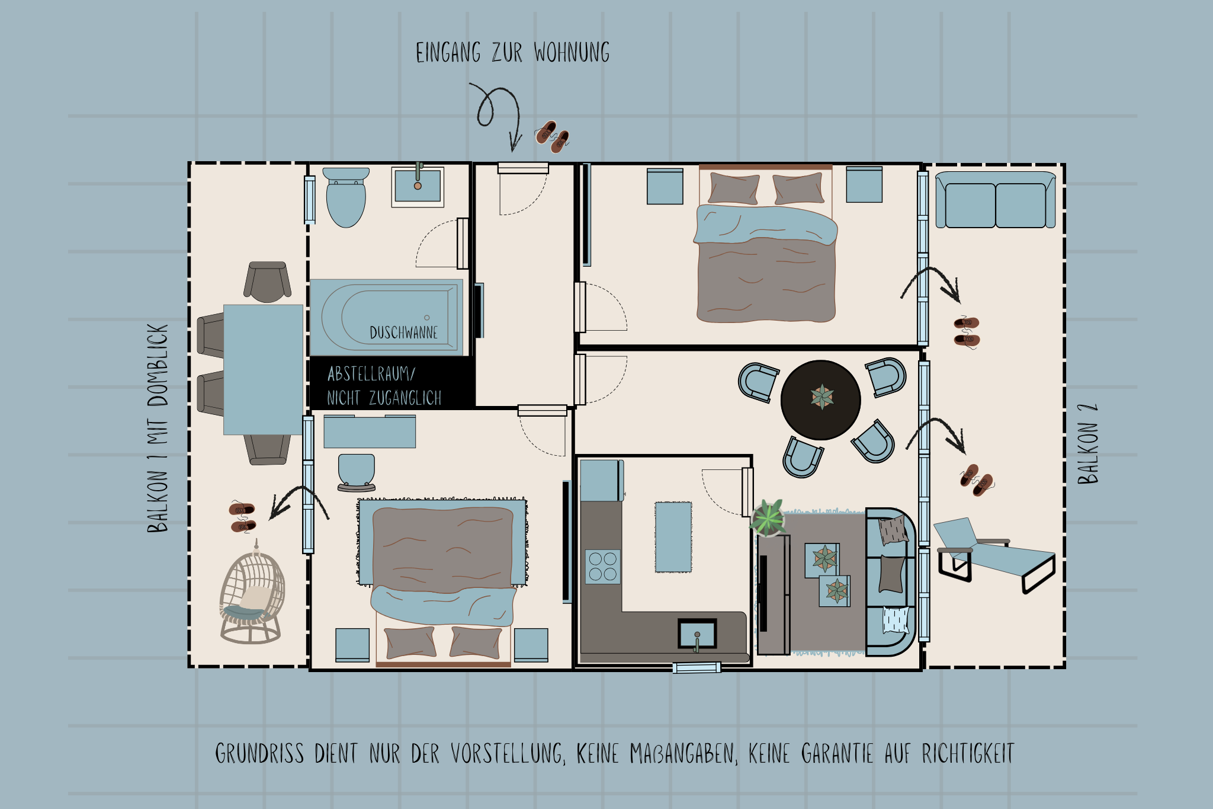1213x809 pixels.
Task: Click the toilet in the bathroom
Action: tap(346, 199)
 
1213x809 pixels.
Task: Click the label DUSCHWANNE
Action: tap(403, 332)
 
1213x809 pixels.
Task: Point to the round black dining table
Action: tap(820, 399)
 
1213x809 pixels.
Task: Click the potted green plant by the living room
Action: tap(768, 517)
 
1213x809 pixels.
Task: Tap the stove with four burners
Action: tap(603, 567)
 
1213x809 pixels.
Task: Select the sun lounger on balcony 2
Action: tap(995, 554)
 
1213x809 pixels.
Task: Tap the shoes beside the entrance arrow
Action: tap(553, 137)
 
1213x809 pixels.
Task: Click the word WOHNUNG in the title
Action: tap(572, 53)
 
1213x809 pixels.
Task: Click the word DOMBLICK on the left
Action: tap(158, 364)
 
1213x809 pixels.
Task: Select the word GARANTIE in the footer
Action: tap(837, 754)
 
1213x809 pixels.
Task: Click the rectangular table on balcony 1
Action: tap(263, 369)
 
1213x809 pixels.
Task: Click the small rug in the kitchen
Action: tap(673, 537)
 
